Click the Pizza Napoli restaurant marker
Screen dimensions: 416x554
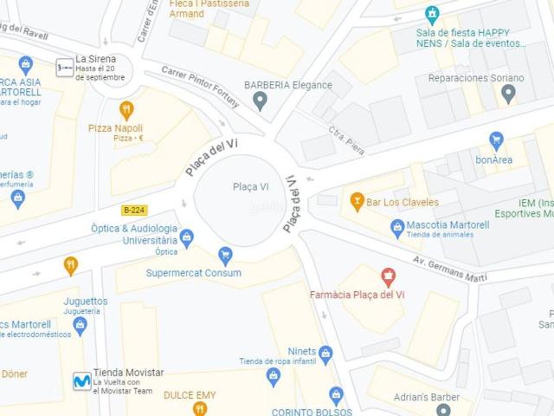pos(127,109)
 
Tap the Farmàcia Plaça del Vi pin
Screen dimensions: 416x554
pos(388,277)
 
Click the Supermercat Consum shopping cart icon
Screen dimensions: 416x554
pos(226,255)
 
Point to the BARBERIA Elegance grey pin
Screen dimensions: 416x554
pos(259,101)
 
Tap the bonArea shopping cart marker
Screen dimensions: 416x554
pos(496,140)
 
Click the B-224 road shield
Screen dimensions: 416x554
pos(133,210)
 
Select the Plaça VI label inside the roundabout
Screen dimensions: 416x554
pos(251,187)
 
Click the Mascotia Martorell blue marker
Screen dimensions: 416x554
pos(397,227)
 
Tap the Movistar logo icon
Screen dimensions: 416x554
pos(82,380)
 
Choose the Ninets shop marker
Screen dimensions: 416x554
pos(325,354)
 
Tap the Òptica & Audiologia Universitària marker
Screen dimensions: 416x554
pos(186,238)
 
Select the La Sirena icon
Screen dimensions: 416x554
pos(65,66)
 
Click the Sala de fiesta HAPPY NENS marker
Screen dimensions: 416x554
pos(432,14)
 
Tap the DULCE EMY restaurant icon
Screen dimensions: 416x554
pos(200,407)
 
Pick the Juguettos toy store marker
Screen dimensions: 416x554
pos(81,326)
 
